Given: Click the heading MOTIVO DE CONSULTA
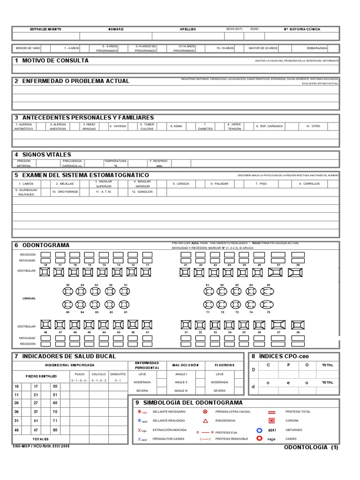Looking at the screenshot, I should [55, 60].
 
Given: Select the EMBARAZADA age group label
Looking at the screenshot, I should [316, 48].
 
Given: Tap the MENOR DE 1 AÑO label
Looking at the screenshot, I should [29, 48].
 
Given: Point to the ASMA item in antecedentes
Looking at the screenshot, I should [177, 126].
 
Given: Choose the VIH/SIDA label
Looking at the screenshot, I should [118, 126].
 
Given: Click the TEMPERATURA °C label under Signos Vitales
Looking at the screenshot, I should [115, 163].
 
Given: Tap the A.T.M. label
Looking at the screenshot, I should [104, 192].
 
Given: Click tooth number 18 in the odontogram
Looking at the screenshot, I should [46, 265].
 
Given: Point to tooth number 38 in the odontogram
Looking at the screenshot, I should [298, 332].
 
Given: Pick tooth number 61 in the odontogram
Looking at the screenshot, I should [208, 285].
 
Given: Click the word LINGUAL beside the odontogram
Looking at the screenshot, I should [29, 298].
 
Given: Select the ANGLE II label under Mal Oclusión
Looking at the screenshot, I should [180, 382].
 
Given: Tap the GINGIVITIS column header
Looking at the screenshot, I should [117, 374].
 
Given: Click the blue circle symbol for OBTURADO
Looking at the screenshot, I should [259, 430].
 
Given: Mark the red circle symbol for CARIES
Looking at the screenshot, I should [259, 439].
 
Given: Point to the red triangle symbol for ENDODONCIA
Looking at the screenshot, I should [205, 420].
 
